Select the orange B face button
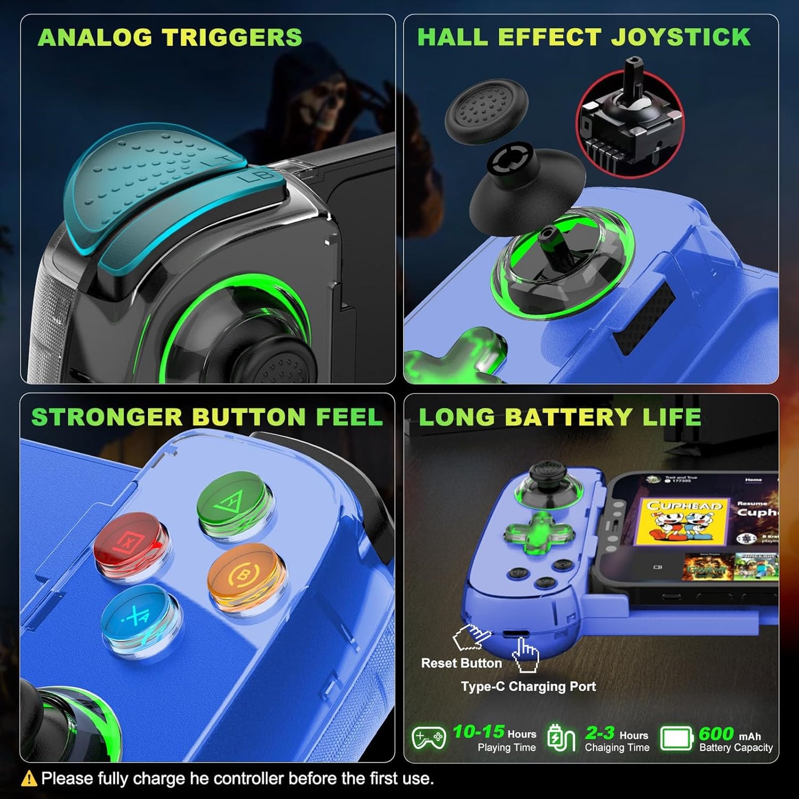click(243, 575)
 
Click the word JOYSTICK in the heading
click(681, 37)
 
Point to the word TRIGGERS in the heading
click(232, 38)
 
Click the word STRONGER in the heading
click(106, 417)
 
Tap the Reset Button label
click(461, 663)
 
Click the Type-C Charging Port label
click(528, 686)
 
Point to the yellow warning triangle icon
click(29, 779)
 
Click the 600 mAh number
click(716, 733)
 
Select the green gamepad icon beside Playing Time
click(429, 738)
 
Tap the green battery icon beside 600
click(676, 738)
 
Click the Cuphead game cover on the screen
click(685, 521)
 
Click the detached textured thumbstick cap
click(487, 111)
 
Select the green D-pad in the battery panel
click(539, 534)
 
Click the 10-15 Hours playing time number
click(478, 732)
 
